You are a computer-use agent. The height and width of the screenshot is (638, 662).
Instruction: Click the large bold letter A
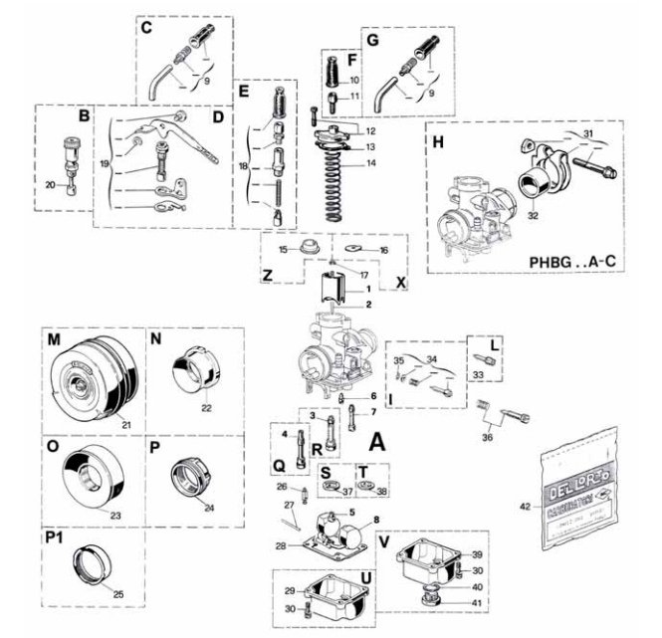378,439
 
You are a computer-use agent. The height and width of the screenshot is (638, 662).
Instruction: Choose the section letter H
437,139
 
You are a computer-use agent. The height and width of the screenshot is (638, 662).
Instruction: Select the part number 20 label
50,186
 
